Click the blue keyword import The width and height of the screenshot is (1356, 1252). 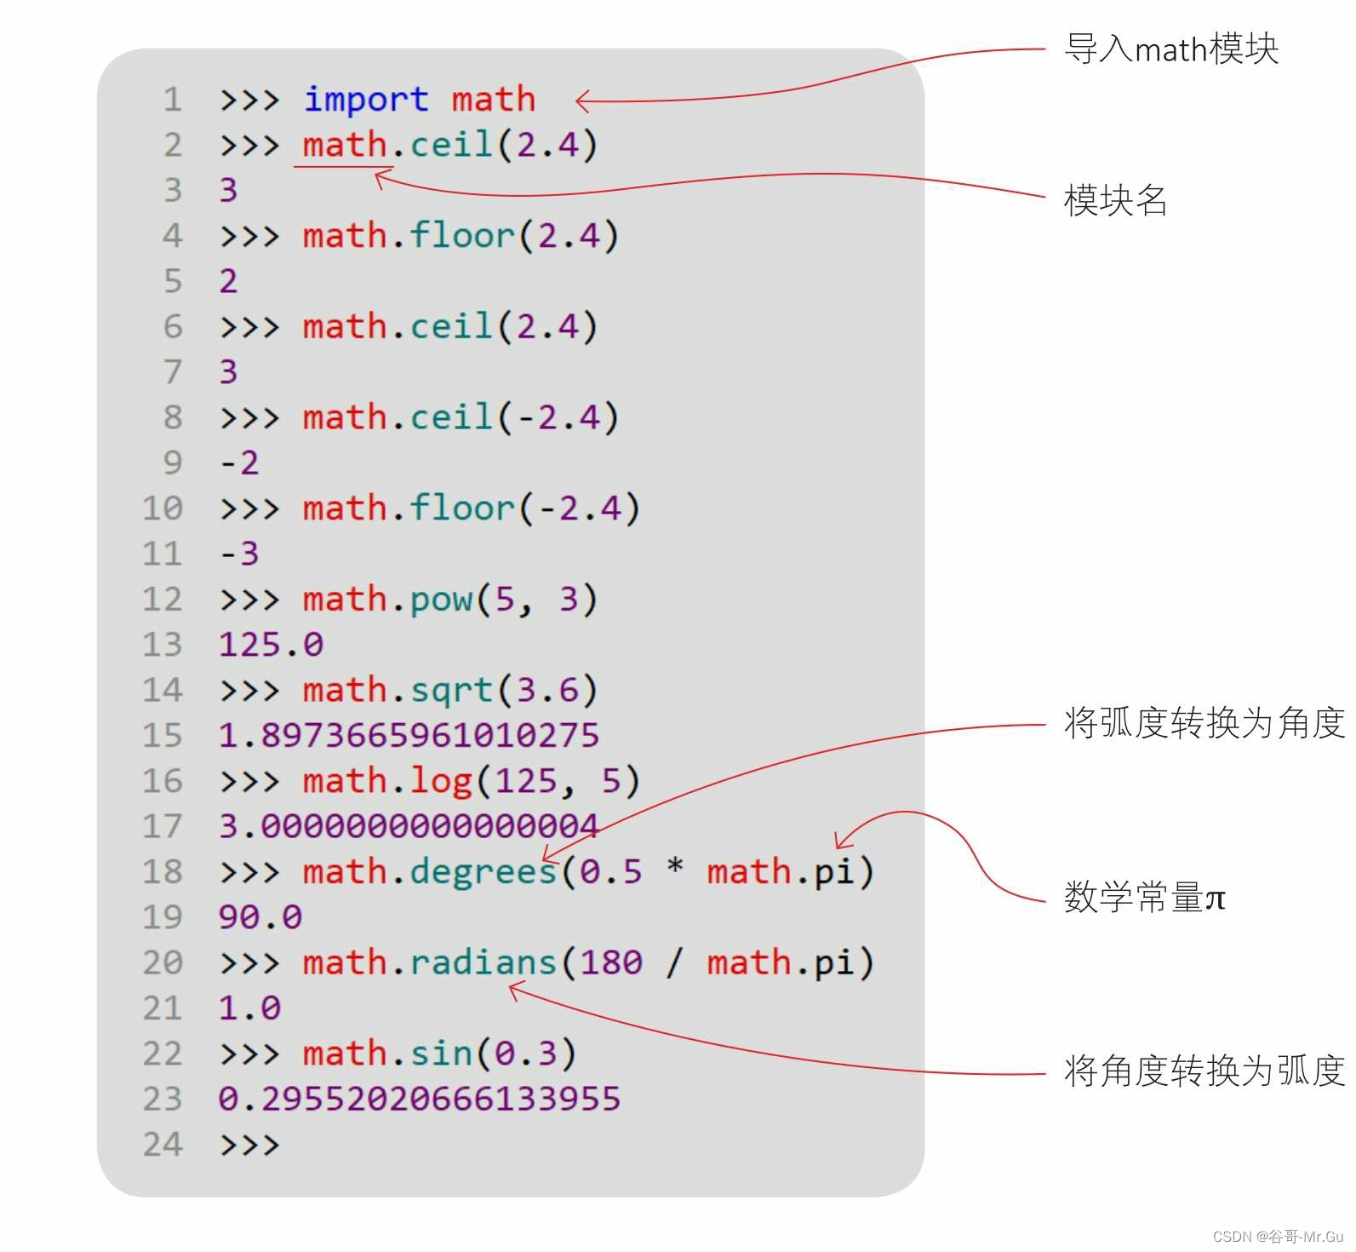[x=366, y=100]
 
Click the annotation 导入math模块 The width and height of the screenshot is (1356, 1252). [x=1171, y=49]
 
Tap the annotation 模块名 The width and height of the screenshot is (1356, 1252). [x=1115, y=200]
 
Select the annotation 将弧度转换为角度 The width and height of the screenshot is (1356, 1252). [x=1204, y=723]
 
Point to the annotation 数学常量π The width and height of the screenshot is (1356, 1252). [x=1144, y=898]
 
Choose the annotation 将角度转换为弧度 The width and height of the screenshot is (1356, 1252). [x=1204, y=1071]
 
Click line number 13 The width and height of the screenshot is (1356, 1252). [x=162, y=645]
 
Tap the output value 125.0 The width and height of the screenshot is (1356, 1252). [x=271, y=645]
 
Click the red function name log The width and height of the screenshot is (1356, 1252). [x=441, y=781]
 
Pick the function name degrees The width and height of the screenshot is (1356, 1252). [x=483, y=872]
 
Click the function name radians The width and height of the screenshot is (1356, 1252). [x=483, y=963]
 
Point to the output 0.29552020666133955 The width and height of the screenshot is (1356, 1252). [x=419, y=1099]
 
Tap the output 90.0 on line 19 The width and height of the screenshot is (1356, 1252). [x=260, y=917]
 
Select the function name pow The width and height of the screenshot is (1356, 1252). [x=441, y=600]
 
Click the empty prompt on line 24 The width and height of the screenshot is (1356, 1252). [x=249, y=1145]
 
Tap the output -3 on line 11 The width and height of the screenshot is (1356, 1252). [x=239, y=554]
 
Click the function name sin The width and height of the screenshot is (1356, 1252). [x=441, y=1054]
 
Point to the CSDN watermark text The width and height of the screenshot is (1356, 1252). [x=1278, y=1237]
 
